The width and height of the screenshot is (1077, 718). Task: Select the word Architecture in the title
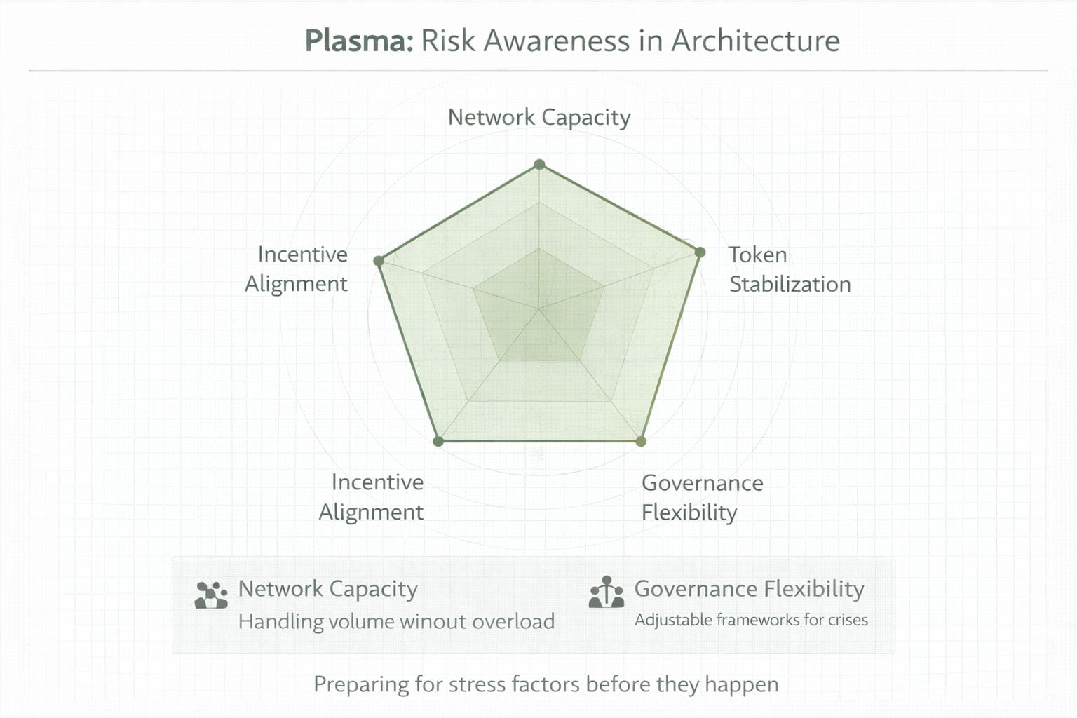755,41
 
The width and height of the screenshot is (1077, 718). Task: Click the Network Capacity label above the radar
538,117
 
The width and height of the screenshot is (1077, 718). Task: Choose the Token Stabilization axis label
789,269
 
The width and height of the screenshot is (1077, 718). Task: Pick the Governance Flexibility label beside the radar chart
701,497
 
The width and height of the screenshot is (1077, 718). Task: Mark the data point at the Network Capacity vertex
539,165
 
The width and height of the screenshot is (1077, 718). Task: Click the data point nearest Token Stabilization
699,252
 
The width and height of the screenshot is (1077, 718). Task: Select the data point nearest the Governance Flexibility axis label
640,441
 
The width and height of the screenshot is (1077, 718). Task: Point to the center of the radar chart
538,309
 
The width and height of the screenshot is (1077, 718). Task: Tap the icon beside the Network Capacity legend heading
211,595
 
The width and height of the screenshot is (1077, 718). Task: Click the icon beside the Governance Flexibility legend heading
607,593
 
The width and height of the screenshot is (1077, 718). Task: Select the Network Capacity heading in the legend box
327,589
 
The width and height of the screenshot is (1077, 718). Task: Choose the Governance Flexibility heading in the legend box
749,589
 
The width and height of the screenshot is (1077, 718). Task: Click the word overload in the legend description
513,622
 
